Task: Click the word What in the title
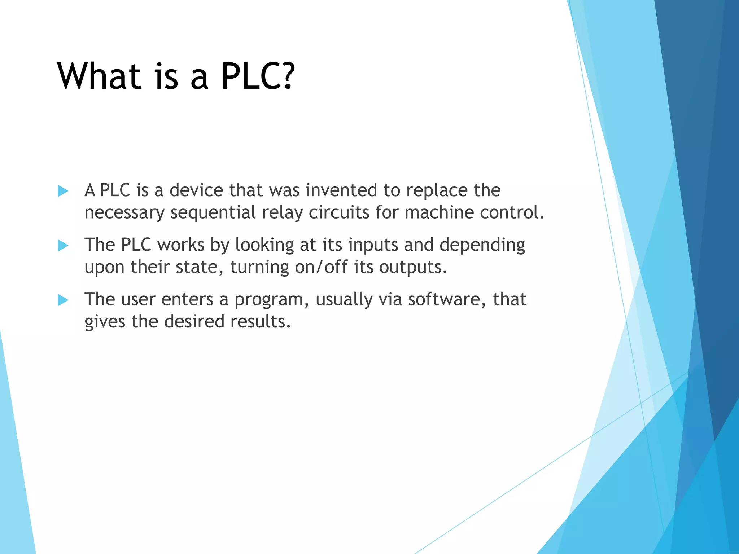[x=99, y=76]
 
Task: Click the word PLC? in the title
[x=258, y=76]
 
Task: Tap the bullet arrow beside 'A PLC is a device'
[x=63, y=191]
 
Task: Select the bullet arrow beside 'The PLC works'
[x=63, y=246]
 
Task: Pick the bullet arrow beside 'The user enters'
[x=63, y=300]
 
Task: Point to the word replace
[x=437, y=191]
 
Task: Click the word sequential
[x=213, y=213]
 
